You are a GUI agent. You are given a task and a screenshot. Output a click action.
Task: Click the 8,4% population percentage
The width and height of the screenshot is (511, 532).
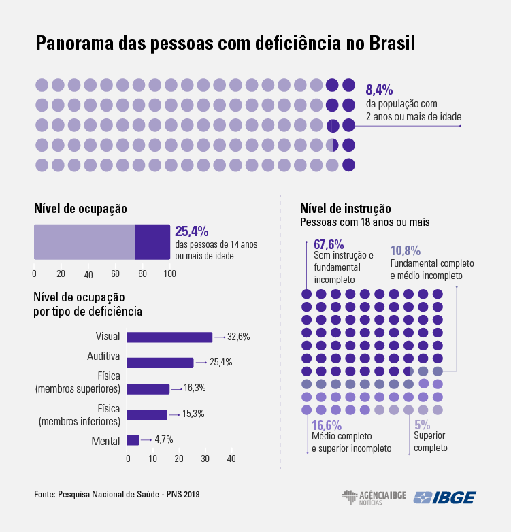click(379, 90)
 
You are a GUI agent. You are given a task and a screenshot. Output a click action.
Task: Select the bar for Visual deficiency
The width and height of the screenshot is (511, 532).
click(169, 337)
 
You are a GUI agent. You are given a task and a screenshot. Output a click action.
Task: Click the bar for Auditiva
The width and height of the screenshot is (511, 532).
click(160, 363)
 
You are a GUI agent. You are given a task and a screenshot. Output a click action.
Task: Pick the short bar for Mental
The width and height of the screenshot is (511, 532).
click(133, 440)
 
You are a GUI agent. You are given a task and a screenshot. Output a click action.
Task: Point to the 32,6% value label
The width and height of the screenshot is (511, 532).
click(239, 337)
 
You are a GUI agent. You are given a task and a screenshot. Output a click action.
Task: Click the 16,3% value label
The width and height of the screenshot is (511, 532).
click(195, 388)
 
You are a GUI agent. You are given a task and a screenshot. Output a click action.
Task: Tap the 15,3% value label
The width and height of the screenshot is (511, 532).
click(193, 414)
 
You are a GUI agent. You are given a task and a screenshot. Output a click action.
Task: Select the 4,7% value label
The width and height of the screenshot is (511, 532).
click(163, 439)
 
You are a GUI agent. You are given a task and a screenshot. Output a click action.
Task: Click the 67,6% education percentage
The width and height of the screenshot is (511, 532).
click(329, 244)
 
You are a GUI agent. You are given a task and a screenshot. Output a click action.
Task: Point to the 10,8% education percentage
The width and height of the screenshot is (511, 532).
click(405, 251)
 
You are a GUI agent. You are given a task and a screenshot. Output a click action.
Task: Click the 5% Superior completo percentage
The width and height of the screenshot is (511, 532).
click(423, 425)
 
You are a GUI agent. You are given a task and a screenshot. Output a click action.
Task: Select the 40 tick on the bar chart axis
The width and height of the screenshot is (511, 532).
click(231, 459)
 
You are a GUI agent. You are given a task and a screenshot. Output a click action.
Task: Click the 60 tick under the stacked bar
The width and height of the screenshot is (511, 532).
click(115, 273)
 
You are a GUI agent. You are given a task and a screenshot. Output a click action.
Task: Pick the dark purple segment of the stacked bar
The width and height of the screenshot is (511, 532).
click(152, 242)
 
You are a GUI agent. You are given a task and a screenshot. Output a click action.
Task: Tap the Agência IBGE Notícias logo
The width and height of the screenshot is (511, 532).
click(374, 497)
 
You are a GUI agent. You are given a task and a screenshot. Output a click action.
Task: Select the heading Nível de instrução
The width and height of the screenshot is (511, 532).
click(345, 208)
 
